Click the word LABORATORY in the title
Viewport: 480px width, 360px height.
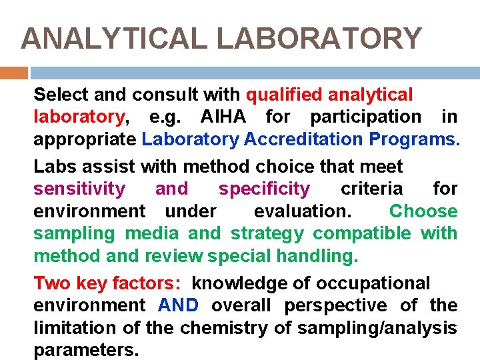319,39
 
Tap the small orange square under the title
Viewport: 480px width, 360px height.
13,73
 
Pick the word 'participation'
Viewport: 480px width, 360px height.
365,117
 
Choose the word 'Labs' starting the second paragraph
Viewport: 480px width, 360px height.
55,167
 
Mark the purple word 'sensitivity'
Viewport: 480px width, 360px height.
79,189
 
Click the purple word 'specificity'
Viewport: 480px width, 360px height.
264,189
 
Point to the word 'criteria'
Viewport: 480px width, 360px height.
371,189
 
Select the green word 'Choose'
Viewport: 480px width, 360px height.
423,212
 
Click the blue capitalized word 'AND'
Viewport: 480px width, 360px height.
178,306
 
